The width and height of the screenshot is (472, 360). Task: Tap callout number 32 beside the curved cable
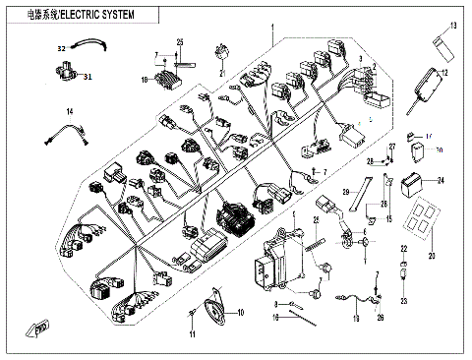point(60,47)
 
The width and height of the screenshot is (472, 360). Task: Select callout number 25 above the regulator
point(181,41)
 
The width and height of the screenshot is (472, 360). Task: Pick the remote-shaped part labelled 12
point(426,78)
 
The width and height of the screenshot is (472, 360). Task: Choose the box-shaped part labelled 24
point(410,182)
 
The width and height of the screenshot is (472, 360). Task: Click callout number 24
point(440,181)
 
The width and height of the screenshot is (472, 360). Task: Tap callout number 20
point(430,256)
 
